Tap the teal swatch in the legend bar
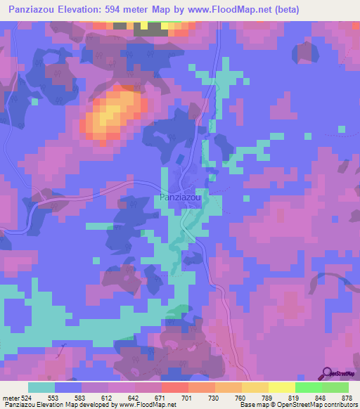[41, 387]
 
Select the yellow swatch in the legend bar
[281, 387]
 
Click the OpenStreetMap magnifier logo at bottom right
[328, 373]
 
